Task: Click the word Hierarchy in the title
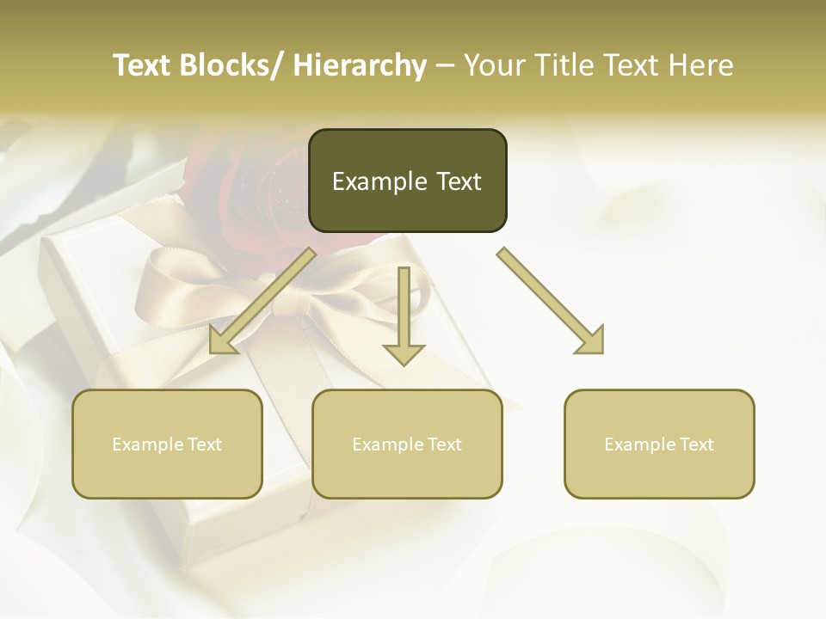pyautogui.click(x=359, y=65)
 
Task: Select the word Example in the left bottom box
pyautogui.click(x=146, y=444)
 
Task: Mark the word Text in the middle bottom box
pyautogui.click(x=442, y=444)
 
